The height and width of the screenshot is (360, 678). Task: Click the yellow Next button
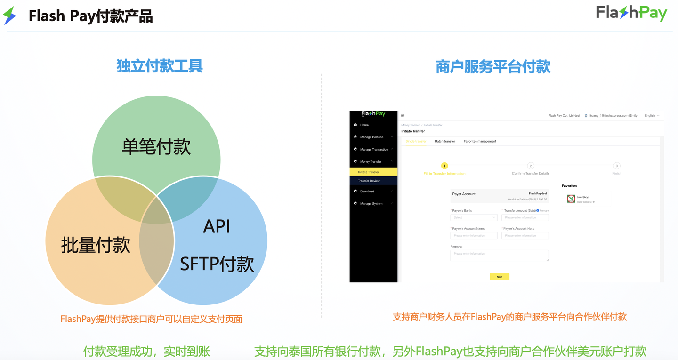pyautogui.click(x=499, y=277)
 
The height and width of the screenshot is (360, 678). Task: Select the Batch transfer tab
pyautogui.click(x=444, y=141)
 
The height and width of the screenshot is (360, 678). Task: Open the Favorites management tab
pyautogui.click(x=479, y=141)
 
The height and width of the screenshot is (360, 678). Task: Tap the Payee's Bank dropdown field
pyautogui.click(x=474, y=217)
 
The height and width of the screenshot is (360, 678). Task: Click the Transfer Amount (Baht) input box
pyautogui.click(x=525, y=217)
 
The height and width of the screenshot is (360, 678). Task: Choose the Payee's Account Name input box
pyautogui.click(x=474, y=235)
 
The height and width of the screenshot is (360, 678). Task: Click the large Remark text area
pyautogui.click(x=499, y=256)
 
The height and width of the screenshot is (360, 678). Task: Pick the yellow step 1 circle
pyautogui.click(x=444, y=166)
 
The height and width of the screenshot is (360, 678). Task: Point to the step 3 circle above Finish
pyautogui.click(x=616, y=166)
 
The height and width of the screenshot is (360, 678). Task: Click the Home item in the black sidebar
pyautogui.click(x=364, y=125)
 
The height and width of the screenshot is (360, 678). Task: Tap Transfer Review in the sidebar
pyautogui.click(x=369, y=181)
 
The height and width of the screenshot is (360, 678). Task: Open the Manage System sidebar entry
pyautogui.click(x=371, y=203)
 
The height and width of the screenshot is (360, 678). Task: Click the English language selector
pyautogui.click(x=652, y=115)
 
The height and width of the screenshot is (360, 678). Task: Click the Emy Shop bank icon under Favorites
pyautogui.click(x=571, y=199)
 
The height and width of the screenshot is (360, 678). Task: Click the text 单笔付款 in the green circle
pyautogui.click(x=156, y=146)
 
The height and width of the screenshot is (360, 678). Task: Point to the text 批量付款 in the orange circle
pyautogui.click(x=96, y=245)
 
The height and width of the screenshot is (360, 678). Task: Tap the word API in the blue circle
pyautogui.click(x=217, y=227)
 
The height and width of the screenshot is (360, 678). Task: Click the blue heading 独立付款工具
pyautogui.click(x=160, y=66)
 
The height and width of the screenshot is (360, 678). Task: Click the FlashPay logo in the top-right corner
pyautogui.click(x=631, y=13)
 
